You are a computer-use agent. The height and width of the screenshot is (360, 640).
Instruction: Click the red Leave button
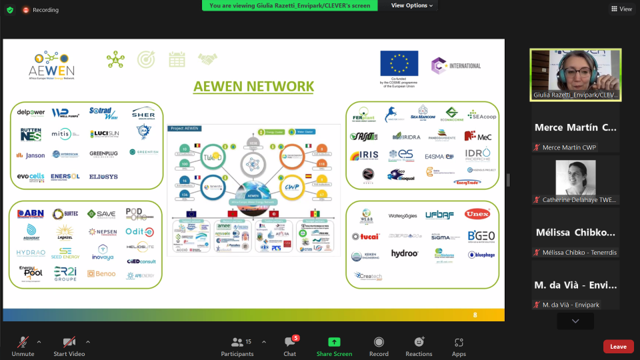(x=618, y=346)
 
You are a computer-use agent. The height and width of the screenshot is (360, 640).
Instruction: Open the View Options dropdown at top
(x=412, y=6)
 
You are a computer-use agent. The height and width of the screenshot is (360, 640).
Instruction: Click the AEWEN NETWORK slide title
(x=253, y=86)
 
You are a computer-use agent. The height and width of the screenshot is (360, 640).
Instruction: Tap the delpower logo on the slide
(x=31, y=113)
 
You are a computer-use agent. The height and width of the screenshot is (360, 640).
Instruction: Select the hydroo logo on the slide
(x=404, y=254)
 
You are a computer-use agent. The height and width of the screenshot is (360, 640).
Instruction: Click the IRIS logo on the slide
(x=364, y=156)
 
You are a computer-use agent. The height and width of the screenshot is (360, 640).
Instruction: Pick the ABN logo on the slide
(x=31, y=214)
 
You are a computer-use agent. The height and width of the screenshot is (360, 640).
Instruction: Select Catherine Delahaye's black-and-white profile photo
(x=574, y=178)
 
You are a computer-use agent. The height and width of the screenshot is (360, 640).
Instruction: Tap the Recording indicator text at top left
(x=45, y=10)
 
